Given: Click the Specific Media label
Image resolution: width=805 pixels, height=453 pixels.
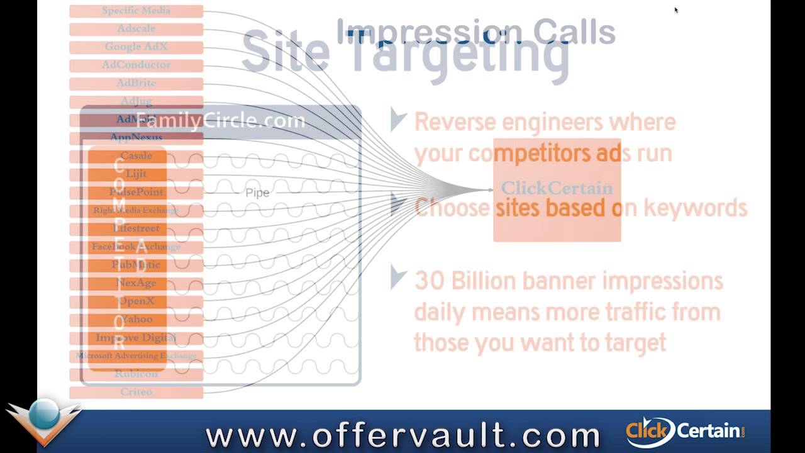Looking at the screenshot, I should [136, 11].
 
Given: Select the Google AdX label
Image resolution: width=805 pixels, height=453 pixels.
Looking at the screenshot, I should [136, 47].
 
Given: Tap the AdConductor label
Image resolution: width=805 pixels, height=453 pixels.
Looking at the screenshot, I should [136, 65].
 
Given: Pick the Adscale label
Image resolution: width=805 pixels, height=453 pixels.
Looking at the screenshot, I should [136, 28].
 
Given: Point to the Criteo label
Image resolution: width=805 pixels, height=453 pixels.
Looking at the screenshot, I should [136, 391].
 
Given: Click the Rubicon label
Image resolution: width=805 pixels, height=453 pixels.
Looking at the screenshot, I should [136, 374].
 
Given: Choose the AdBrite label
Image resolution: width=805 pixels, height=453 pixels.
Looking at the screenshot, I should [136, 83].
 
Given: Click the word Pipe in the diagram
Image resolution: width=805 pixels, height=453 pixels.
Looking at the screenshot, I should [257, 193].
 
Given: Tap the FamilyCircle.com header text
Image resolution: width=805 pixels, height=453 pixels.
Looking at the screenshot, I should [220, 121].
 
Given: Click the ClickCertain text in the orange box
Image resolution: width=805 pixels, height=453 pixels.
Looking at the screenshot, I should [557, 187].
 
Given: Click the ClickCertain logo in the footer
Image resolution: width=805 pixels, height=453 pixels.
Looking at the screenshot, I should [686, 431].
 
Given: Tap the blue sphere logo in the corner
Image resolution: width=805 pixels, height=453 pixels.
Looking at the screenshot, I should [43, 417].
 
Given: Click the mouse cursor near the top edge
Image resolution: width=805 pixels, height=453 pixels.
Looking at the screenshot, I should [676, 9].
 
